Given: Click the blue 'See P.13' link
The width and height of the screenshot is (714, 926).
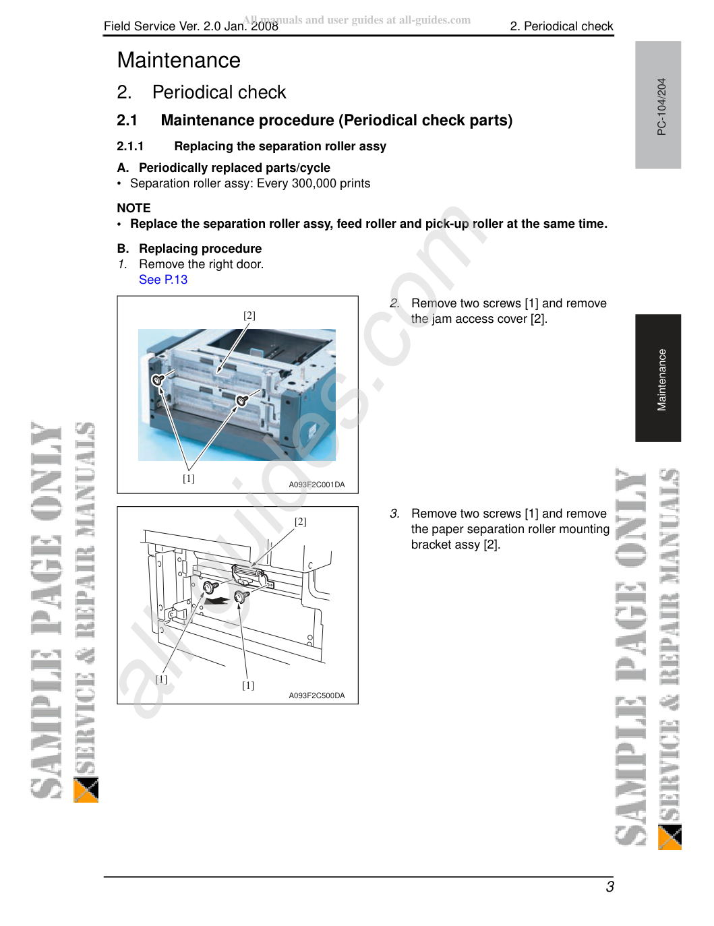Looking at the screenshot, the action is pyautogui.click(x=163, y=280).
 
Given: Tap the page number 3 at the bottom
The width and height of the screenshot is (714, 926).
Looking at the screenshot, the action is pyautogui.click(x=609, y=887).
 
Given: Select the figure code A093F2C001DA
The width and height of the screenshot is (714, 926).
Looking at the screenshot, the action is pyautogui.click(x=317, y=485).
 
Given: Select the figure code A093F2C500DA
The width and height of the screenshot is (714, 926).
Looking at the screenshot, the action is pyautogui.click(x=317, y=696).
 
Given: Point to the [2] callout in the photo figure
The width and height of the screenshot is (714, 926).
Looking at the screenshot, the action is pyautogui.click(x=249, y=315).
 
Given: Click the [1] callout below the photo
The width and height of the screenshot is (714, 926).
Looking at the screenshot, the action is pyautogui.click(x=189, y=478).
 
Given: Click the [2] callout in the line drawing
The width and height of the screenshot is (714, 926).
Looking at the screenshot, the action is pyautogui.click(x=301, y=522).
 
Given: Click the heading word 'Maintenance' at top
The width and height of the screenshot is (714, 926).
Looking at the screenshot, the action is pyautogui.click(x=179, y=60).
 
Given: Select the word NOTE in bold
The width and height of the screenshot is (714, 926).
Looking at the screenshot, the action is pyautogui.click(x=134, y=208).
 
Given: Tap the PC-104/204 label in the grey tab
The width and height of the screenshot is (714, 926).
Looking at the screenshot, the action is pyautogui.click(x=661, y=106).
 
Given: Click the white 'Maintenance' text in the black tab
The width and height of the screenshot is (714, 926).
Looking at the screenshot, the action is pyautogui.click(x=661, y=379).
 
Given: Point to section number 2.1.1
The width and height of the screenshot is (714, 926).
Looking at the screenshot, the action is pyautogui.click(x=130, y=146).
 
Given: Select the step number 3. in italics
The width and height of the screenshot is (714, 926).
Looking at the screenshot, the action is pyautogui.click(x=394, y=514).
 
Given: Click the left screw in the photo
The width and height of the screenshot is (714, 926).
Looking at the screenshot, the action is pyautogui.click(x=158, y=379).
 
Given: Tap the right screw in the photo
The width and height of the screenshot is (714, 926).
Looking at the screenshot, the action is pyautogui.click(x=242, y=400).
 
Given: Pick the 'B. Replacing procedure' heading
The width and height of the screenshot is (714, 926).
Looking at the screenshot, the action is pyautogui.click(x=189, y=249).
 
